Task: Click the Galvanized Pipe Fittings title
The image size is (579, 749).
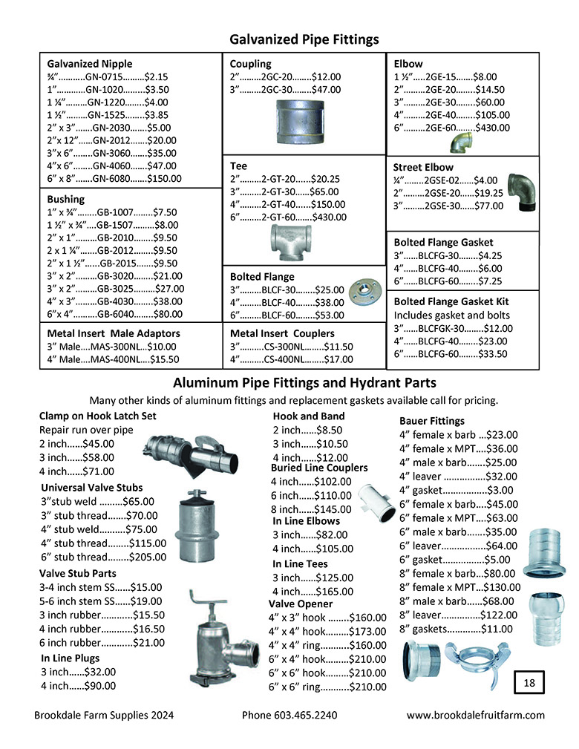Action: (304, 39)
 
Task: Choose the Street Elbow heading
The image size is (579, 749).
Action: (423, 167)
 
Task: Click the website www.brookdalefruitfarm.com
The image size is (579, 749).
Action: (476, 716)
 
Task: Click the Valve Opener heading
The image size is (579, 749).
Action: (300, 604)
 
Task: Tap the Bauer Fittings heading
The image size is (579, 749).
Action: (431, 421)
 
